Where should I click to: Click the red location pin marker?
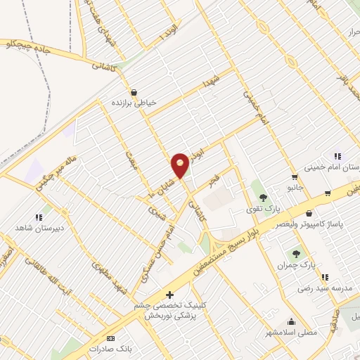(x=180, y=165)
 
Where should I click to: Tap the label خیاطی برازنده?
(x=141, y=103)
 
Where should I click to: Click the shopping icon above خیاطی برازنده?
(x=134, y=91)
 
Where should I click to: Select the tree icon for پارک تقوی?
(x=263, y=197)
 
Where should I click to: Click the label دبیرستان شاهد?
(x=60, y=229)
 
